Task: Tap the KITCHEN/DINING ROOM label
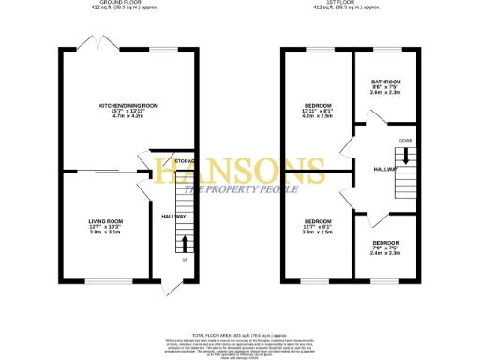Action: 128,106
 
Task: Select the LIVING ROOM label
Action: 106,221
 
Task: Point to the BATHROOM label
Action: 385,82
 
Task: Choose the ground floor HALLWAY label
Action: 173,217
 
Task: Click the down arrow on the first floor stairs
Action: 406,155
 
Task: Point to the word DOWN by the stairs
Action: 405,140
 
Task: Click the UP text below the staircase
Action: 185,260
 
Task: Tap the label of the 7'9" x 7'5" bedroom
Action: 385,242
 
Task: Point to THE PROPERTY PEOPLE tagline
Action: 240,190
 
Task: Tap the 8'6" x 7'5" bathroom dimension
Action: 385,87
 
